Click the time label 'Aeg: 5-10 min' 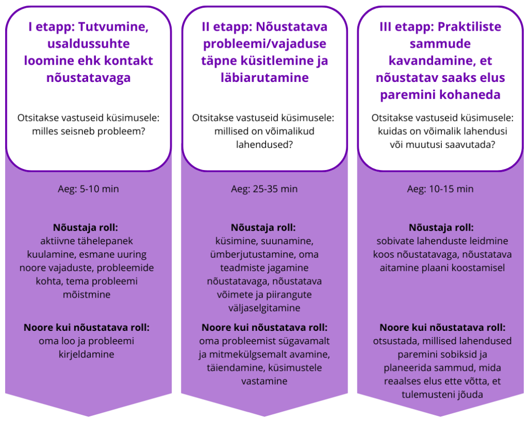pos(88,189)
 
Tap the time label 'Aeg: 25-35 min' pos(264,189)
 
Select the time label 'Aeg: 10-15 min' pos(440,189)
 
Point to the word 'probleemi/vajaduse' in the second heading pos(264,44)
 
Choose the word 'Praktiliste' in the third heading pos(469,26)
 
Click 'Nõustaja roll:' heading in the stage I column pos(86,228)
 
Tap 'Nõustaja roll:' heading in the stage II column pos(263,228)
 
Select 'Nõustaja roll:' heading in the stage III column pos(441,228)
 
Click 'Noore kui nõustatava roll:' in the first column pos(87,328)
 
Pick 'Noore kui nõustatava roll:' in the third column pos(442,328)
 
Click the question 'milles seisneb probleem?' pos(88,131)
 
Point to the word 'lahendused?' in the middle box pos(264,145)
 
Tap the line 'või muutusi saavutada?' pos(442,145)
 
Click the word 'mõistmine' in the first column pos(87,294)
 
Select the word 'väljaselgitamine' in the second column pos(264,308)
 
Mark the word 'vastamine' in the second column pos(264,381)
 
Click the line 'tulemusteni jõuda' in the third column pos(442,395)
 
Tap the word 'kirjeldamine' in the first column pos(87,355)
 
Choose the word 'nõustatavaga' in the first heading pos(88,78)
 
